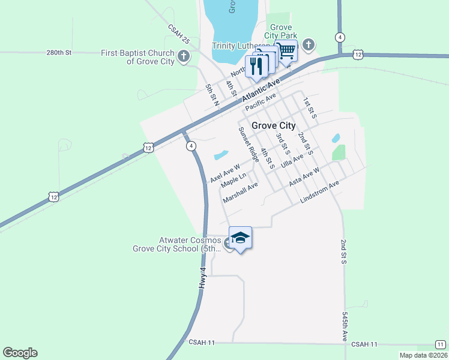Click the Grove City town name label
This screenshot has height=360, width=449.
tap(273, 125)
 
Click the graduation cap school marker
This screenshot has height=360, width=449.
tap(240, 238)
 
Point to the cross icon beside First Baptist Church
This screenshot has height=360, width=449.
tap(184, 58)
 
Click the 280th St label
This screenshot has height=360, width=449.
tap(59, 53)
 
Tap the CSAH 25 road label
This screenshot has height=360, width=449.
tap(178, 34)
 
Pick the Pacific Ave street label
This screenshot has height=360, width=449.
tap(261, 100)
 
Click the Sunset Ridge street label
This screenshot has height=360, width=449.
tap(249, 145)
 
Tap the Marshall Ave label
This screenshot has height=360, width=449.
tap(240, 193)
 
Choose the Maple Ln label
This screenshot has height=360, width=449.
tap(234, 180)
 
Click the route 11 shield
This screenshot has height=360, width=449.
tap(441, 344)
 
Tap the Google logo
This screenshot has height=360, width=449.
tap(20, 353)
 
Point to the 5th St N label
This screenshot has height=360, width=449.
tap(212, 95)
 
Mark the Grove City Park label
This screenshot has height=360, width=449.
tap(281, 32)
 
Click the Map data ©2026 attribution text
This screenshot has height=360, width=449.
tap(424, 355)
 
